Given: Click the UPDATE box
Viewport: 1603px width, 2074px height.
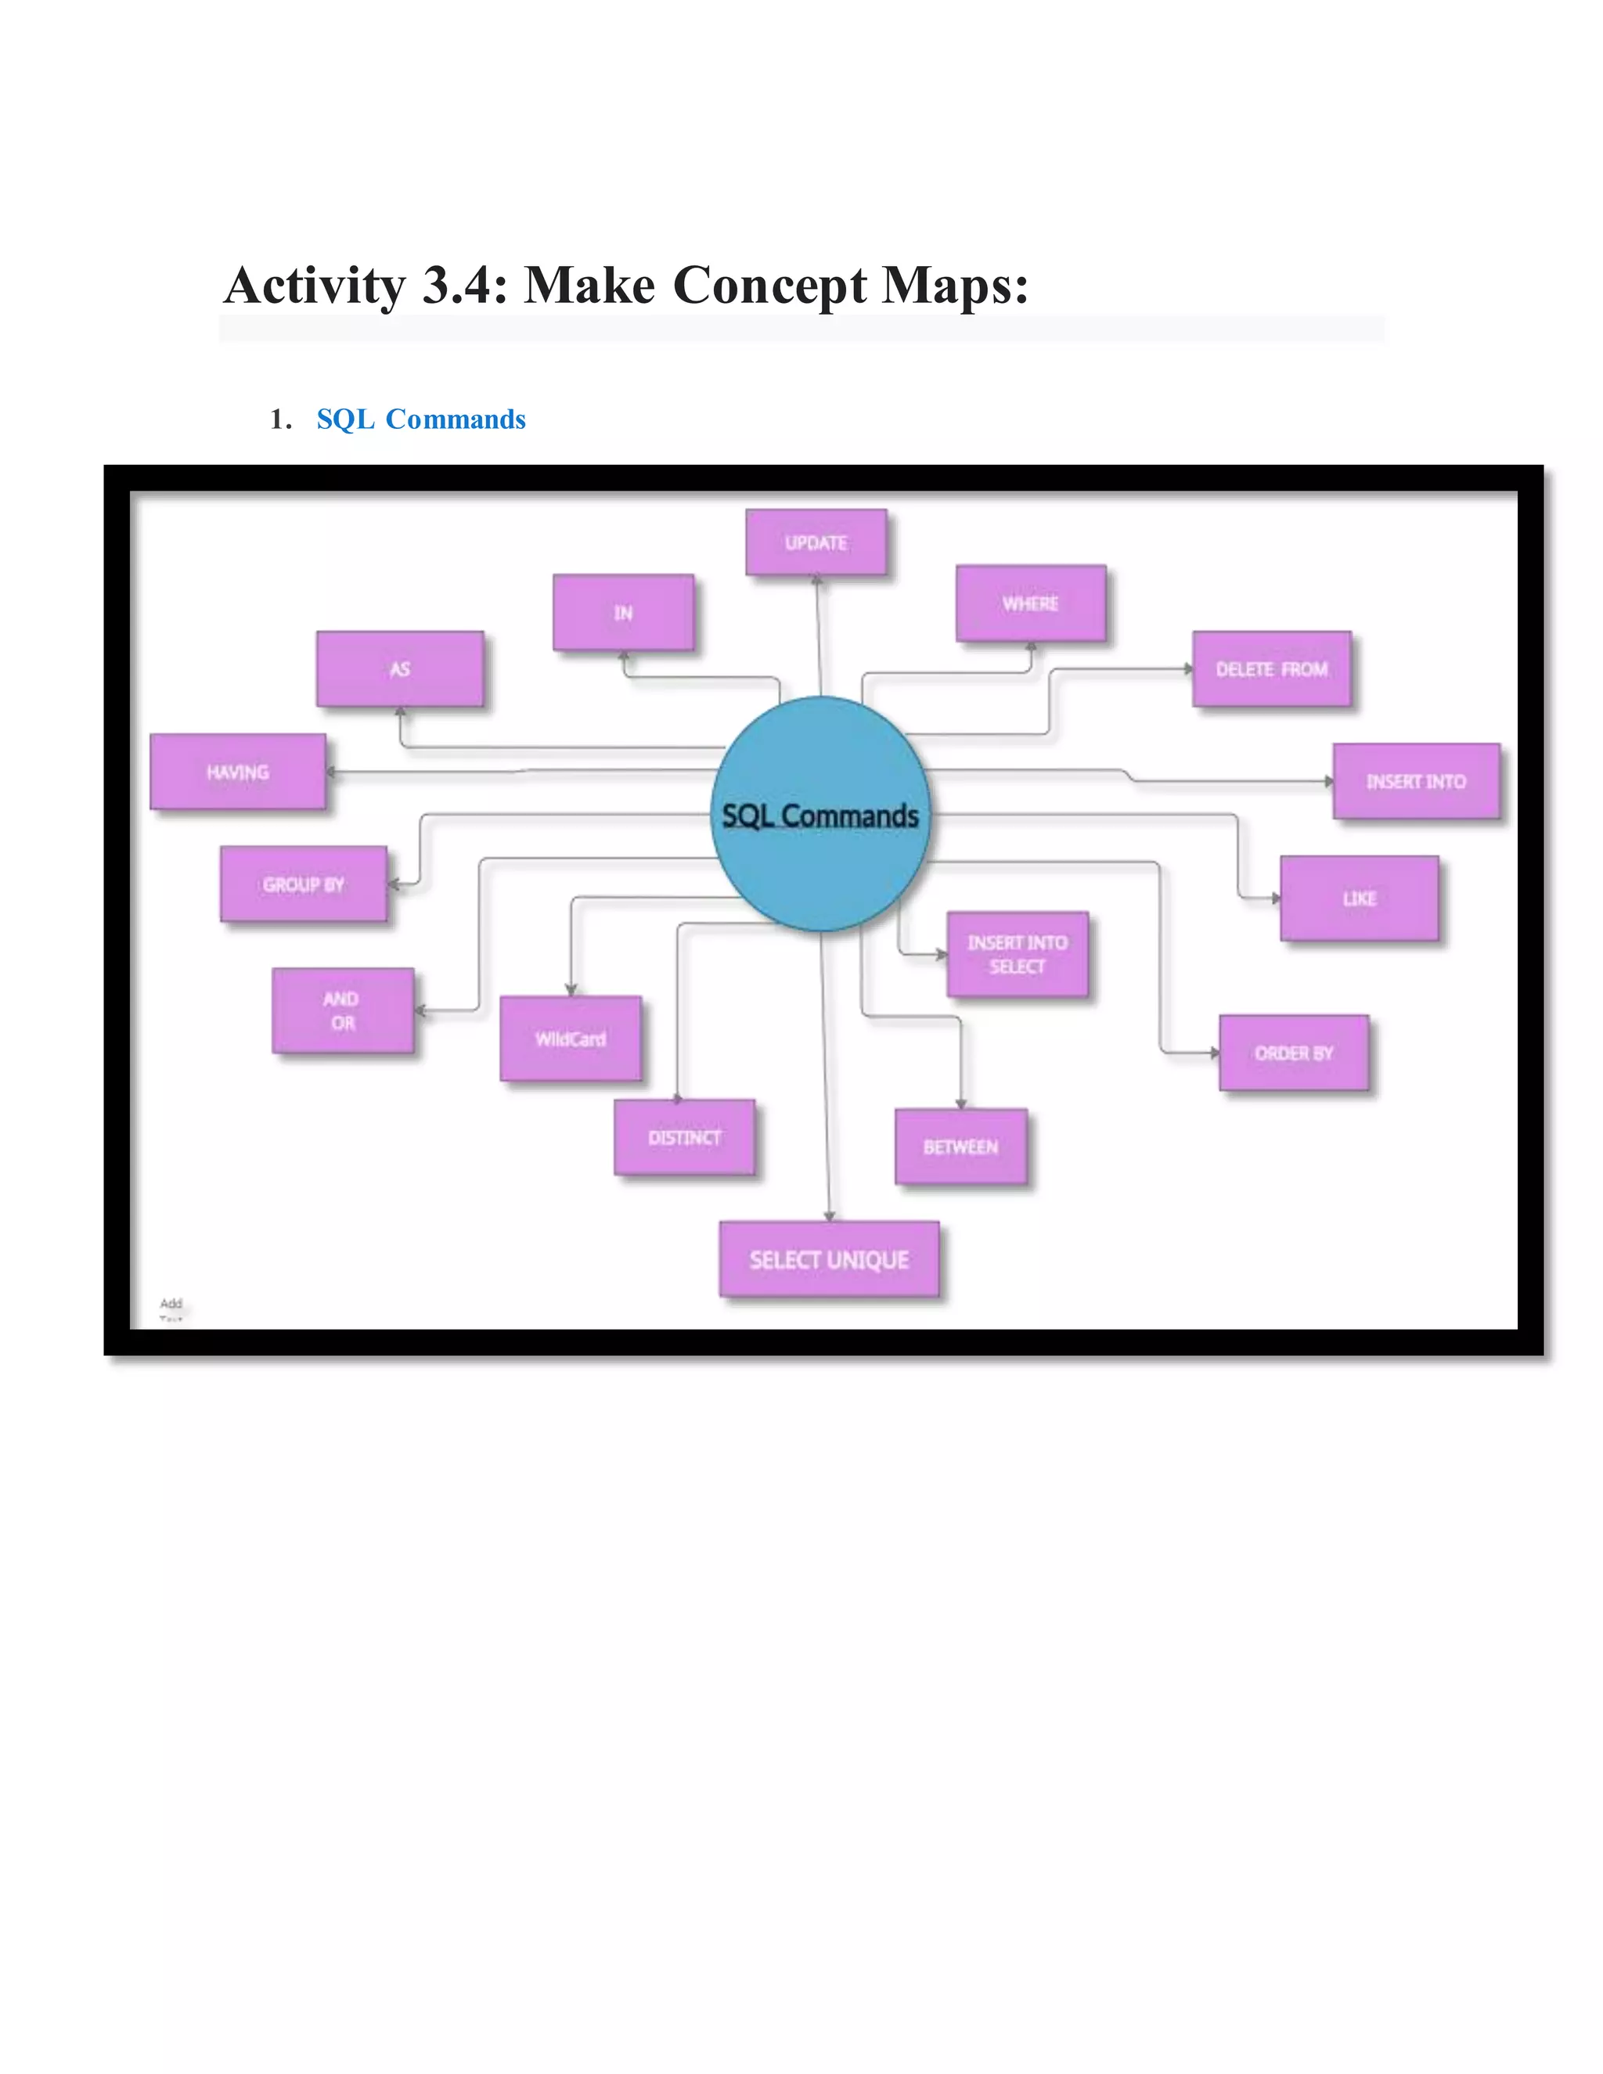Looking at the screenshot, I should pyautogui.click(x=815, y=542).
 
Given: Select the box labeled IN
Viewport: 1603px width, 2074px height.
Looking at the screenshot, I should pyautogui.click(x=623, y=613).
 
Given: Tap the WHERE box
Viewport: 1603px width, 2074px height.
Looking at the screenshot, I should pyautogui.click(x=1030, y=603).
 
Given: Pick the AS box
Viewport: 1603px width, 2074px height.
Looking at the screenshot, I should pyautogui.click(x=400, y=668).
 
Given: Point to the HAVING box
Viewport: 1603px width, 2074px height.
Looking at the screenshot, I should pyautogui.click(x=237, y=772).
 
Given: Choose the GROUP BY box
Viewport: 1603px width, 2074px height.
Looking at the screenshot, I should pyautogui.click(x=303, y=884).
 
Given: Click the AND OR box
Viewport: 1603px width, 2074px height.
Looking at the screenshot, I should pyautogui.click(x=342, y=1010).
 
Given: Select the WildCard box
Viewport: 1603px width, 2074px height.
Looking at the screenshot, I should pyautogui.click(x=570, y=1038).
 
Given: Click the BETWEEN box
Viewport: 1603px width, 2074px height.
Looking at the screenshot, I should pyautogui.click(x=960, y=1147).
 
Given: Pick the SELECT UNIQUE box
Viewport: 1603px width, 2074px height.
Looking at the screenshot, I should pyautogui.click(x=828, y=1259).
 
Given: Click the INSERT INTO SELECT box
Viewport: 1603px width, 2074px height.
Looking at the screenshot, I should pyautogui.click(x=1017, y=954).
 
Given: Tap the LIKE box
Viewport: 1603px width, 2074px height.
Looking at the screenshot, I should pyautogui.click(x=1359, y=898).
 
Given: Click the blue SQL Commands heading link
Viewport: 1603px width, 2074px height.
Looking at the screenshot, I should pyautogui.click(x=420, y=419).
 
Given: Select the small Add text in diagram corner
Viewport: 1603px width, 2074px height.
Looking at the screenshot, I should pyautogui.click(x=171, y=1303).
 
